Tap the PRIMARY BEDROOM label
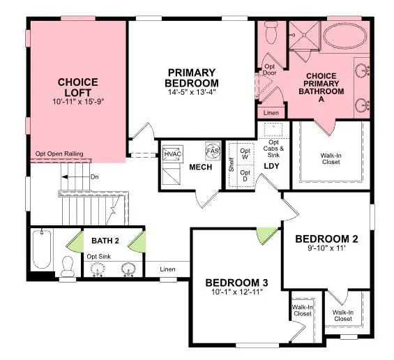[x=192, y=77]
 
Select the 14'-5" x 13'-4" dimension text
[x=192, y=91]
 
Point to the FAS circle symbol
[x=212, y=151]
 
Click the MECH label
[x=201, y=167]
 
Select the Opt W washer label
[x=245, y=153]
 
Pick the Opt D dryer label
[x=245, y=174]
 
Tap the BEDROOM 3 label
[x=237, y=283]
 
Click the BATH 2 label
[x=105, y=241]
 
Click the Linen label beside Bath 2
[x=167, y=269]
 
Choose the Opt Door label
[x=268, y=70]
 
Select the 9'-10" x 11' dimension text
[x=326, y=248]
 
